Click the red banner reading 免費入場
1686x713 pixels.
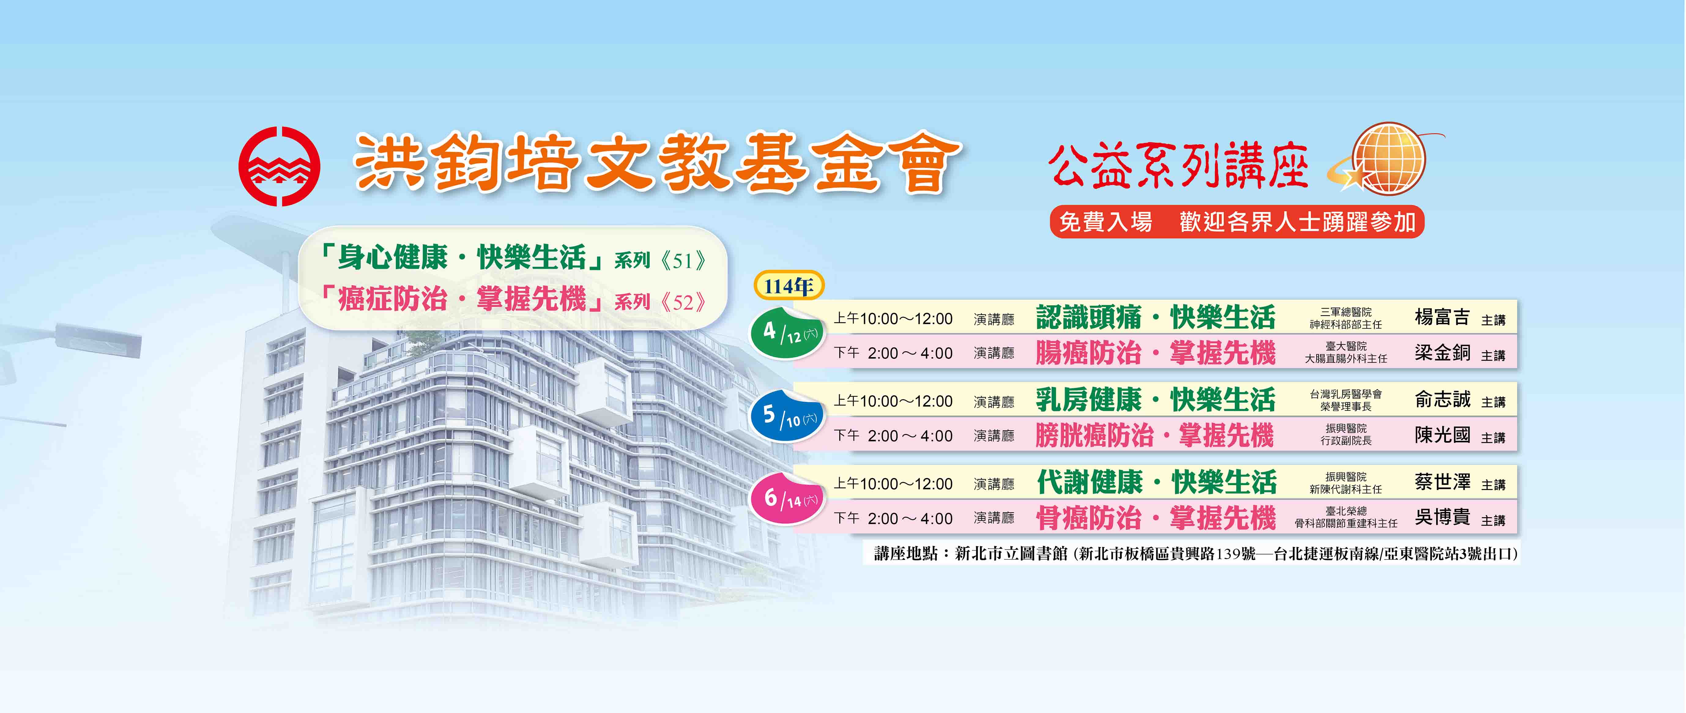pyautogui.click(x=1237, y=222)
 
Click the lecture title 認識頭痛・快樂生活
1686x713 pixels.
pyautogui.click(x=1156, y=318)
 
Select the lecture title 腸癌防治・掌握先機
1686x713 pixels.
pyautogui.click(x=1156, y=353)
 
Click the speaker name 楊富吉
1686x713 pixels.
pyautogui.click(x=1443, y=318)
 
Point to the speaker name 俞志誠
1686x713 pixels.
pyautogui.click(x=1443, y=399)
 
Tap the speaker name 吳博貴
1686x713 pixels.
pyautogui.click(x=1443, y=517)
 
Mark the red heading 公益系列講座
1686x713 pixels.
pyautogui.click(x=1178, y=166)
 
